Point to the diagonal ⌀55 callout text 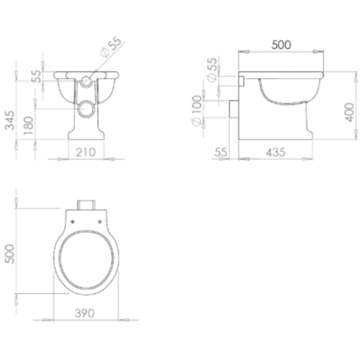113,49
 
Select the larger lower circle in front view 86,109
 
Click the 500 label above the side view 281,44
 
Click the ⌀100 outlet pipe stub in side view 233,110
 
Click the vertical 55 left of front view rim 35,78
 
